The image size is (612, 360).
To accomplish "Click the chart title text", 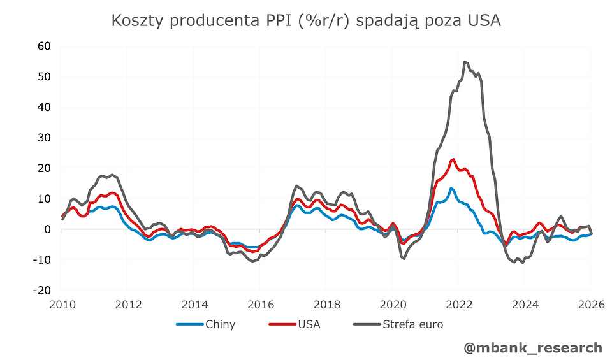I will click(x=306, y=21).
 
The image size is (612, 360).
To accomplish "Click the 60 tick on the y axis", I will click(x=44, y=46).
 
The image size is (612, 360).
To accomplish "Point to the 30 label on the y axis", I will click(x=44, y=138).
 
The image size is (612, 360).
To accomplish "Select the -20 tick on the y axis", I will click(x=42, y=290).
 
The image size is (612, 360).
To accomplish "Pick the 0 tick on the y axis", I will click(x=47, y=229).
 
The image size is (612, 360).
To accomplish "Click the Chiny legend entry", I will click(x=220, y=324).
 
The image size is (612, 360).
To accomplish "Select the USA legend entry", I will click(x=309, y=324).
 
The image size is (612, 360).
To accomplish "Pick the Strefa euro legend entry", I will click(x=412, y=324).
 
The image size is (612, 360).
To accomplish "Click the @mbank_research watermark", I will click(x=533, y=347).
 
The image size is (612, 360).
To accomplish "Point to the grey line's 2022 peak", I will click(x=465, y=62).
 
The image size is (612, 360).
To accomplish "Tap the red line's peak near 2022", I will click(x=453, y=159).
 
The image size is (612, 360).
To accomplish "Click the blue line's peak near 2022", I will click(x=451, y=188).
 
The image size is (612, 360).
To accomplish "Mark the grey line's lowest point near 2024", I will click(x=523, y=263).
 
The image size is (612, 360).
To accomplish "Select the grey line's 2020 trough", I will click(x=404, y=258).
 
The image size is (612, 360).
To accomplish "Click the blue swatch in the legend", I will click(x=189, y=324).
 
